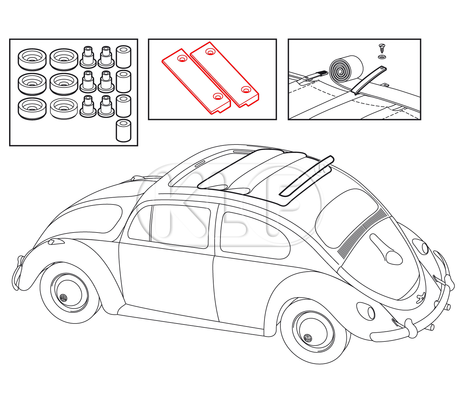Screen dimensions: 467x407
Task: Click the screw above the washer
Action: pos(382,49)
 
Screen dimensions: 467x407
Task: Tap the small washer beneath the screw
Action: pos(382,57)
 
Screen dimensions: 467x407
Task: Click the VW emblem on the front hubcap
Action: pos(308,338)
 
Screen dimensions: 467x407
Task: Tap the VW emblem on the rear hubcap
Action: pos(63,298)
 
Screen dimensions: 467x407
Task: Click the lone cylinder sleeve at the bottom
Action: pos(123,130)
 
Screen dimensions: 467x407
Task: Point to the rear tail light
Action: pos(56,241)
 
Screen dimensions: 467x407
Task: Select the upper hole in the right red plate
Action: pos(210,52)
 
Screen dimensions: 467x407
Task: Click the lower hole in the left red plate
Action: pos(218,97)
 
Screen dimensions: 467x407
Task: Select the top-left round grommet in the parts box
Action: pos(32,59)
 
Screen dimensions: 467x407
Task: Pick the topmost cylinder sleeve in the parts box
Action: pos(123,57)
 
